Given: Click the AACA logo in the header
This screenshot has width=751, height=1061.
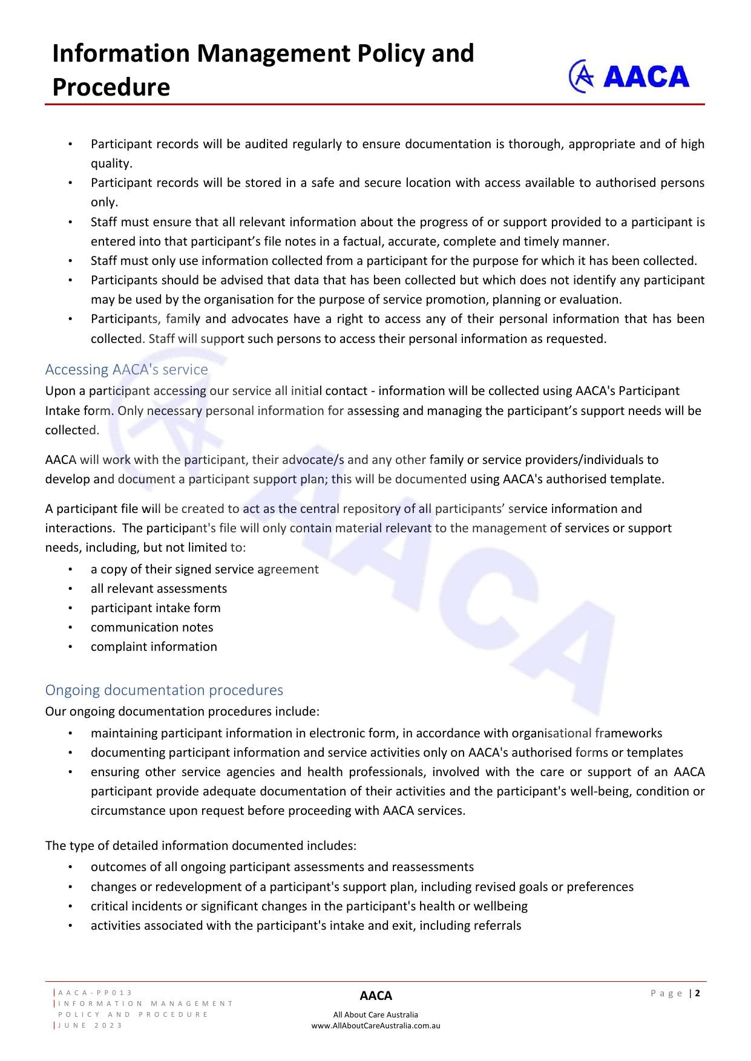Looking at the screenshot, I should tap(629, 77).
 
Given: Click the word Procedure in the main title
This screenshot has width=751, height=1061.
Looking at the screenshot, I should tap(111, 87).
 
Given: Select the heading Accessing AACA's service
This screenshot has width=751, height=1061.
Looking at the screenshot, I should tap(126, 370).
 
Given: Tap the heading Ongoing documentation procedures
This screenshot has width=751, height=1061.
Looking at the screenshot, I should tap(164, 690).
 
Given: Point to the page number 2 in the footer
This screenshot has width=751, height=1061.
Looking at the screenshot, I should tap(698, 993).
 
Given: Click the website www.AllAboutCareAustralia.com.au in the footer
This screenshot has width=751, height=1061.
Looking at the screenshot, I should tap(376, 1026).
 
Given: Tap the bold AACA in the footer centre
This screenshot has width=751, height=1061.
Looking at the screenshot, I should tap(376, 996).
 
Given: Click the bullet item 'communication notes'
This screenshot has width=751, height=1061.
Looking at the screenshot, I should tap(152, 627).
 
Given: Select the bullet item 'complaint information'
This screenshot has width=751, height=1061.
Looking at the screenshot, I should tap(154, 647).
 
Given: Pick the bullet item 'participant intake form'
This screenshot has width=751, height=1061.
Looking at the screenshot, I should tap(156, 608).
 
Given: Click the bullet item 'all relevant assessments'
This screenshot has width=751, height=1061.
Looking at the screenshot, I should tap(159, 589).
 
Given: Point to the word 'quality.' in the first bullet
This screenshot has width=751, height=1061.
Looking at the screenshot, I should tap(111, 164).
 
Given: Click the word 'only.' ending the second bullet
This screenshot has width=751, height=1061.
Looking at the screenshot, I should tap(104, 203).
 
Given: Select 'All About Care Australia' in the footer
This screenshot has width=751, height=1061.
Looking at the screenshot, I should tap(376, 1015).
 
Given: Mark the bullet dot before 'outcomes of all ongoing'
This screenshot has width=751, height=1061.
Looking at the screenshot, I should tap(71, 867).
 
